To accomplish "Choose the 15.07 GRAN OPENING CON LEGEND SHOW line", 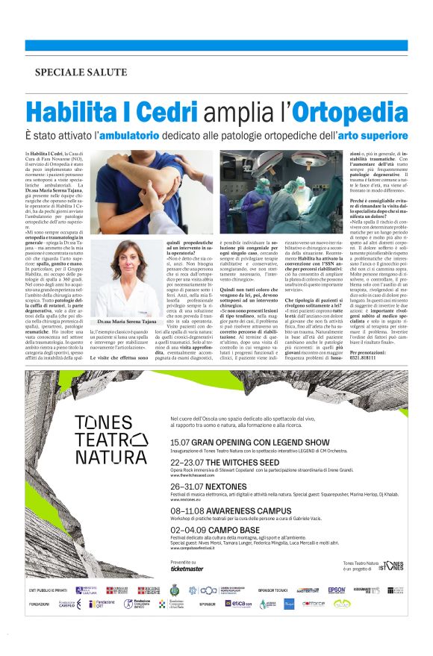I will click(240, 443).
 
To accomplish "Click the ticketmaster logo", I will click(187, 569).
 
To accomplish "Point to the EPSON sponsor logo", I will click(337, 590).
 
